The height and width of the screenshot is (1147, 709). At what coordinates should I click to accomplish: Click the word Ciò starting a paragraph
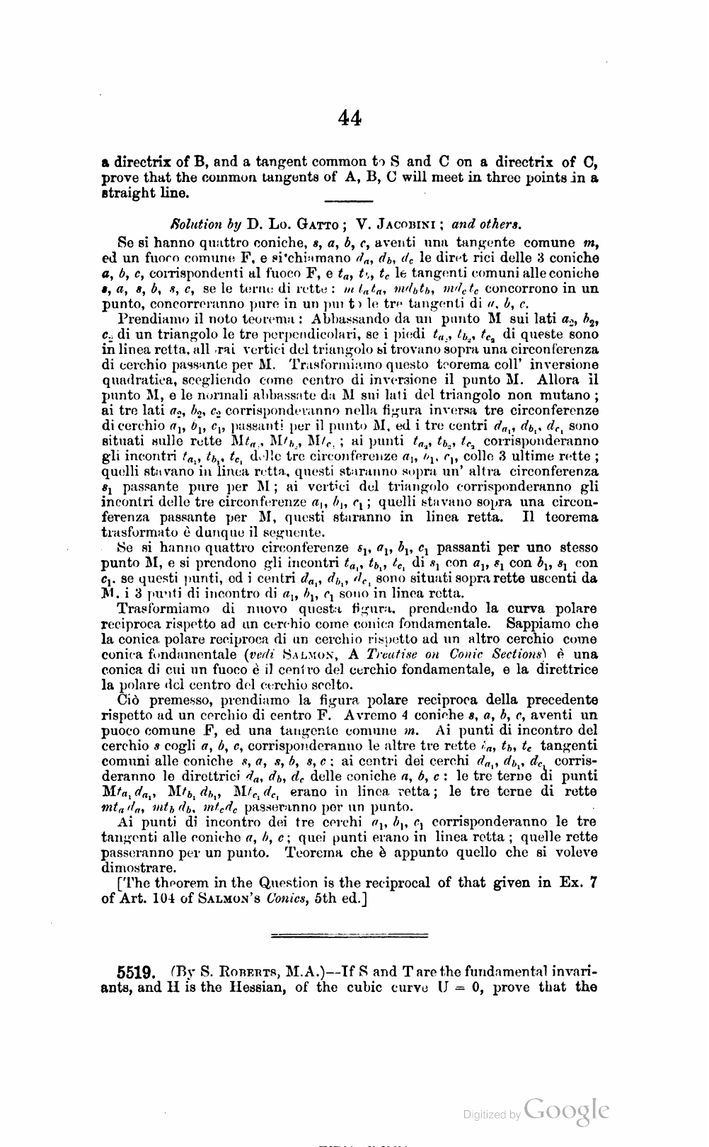(x=129, y=700)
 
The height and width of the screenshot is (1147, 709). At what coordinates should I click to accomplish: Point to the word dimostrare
(x=139, y=867)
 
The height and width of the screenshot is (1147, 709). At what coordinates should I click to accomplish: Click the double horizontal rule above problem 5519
(x=350, y=936)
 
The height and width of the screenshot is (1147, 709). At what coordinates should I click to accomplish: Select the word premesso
(x=179, y=700)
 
